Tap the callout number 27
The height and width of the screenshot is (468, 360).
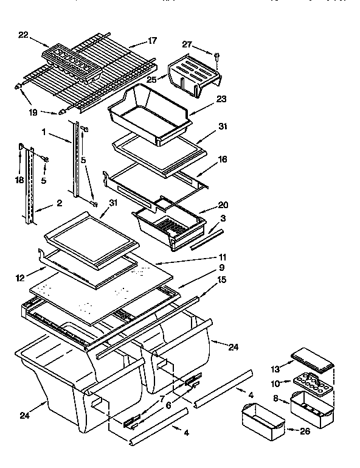pyautogui.click(x=187, y=44)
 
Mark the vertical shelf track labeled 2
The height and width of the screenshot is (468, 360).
pyautogui.click(x=27, y=183)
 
